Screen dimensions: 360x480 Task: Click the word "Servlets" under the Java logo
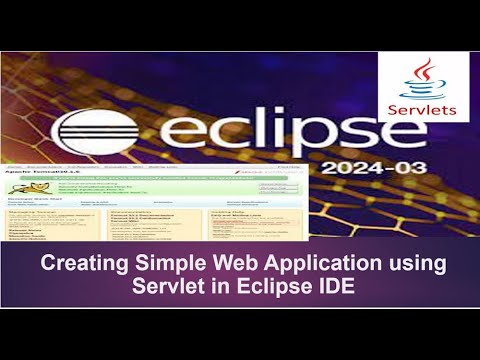(x=423, y=109)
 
